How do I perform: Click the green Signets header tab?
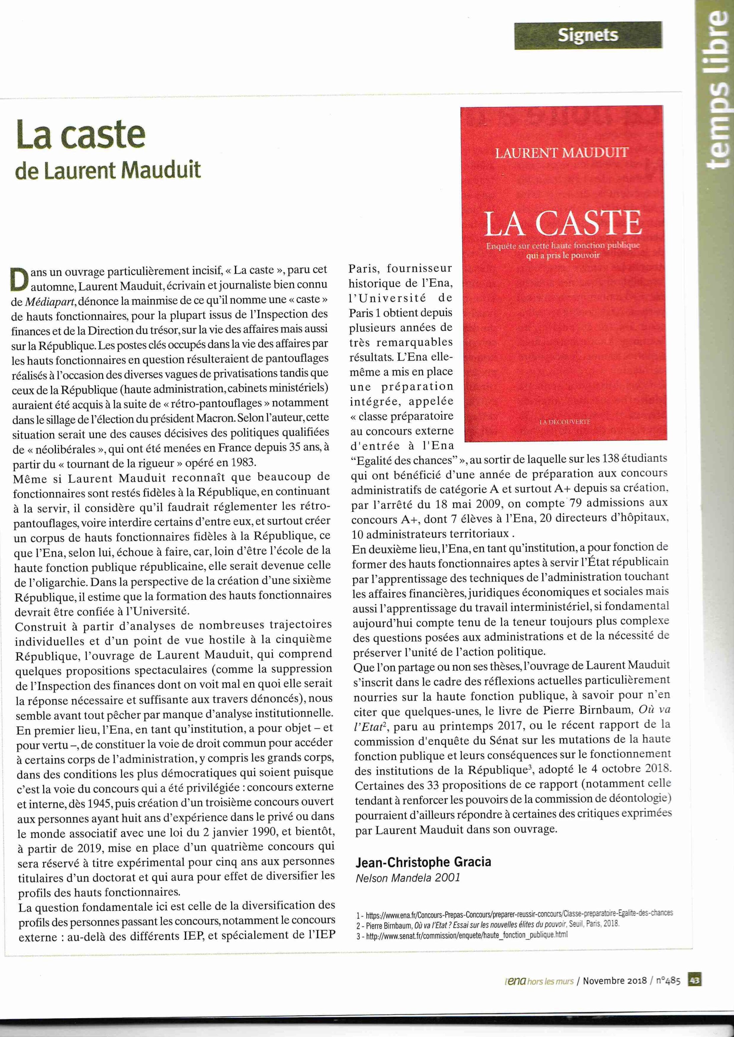[588, 35]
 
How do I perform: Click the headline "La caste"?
[80, 134]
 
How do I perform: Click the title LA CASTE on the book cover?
[563, 224]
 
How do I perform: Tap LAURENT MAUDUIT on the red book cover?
[562, 153]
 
